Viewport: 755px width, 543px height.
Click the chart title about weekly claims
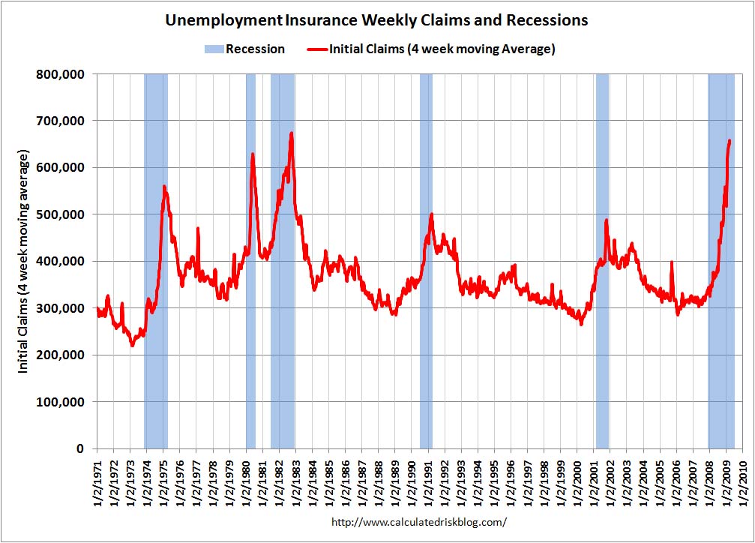click(376, 21)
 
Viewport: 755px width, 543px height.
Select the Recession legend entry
click(244, 49)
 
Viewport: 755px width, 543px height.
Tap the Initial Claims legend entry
click(431, 49)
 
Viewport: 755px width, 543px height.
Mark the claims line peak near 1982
click(291, 133)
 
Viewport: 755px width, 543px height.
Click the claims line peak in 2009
click(730, 140)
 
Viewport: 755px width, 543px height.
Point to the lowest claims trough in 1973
click(132, 345)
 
